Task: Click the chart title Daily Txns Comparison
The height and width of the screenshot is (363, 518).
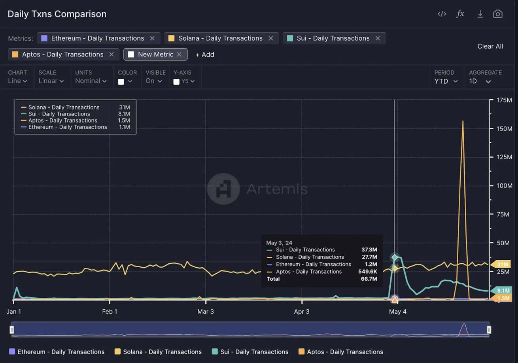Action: (57, 14)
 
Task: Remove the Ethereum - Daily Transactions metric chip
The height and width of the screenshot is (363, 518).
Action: (152, 38)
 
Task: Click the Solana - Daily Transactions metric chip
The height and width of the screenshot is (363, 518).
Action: (220, 38)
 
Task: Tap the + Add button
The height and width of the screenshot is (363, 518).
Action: (205, 55)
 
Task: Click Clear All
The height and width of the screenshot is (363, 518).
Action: (490, 46)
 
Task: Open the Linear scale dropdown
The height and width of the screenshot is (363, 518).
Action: (51, 81)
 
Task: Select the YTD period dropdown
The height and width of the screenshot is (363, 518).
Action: (446, 81)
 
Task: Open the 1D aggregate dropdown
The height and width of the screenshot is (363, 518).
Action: (480, 81)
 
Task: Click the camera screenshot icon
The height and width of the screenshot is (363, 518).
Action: (497, 14)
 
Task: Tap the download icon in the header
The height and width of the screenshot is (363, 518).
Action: (480, 14)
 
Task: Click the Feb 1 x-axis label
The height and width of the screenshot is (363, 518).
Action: (110, 312)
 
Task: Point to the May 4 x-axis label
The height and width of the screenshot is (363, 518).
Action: (397, 312)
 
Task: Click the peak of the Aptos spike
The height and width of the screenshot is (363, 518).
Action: (463, 121)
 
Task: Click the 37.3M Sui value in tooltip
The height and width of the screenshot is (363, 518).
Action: (369, 250)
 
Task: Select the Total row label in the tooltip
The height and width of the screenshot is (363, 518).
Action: (273, 279)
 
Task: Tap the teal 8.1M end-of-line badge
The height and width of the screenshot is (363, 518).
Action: (502, 291)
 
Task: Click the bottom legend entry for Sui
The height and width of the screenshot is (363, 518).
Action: (250, 352)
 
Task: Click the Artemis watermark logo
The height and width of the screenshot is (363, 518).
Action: (223, 189)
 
